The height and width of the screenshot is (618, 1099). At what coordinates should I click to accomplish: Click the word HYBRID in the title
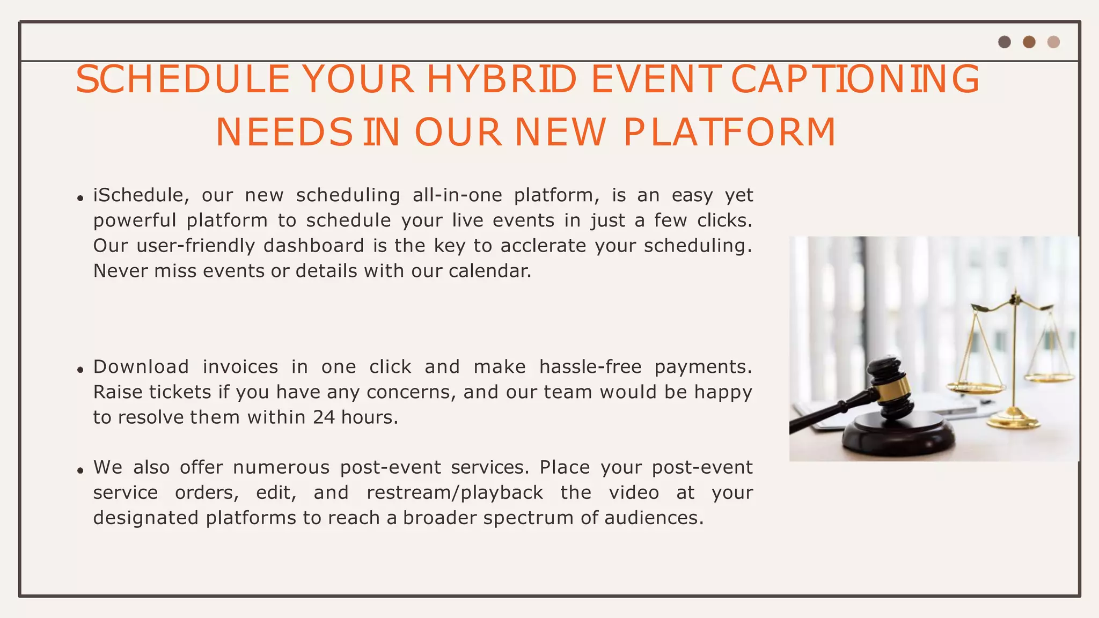(x=501, y=79)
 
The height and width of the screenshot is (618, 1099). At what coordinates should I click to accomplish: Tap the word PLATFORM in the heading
(x=730, y=133)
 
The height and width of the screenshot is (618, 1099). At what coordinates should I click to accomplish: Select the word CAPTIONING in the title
(x=855, y=79)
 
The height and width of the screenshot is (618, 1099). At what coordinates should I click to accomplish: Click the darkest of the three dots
(x=1005, y=42)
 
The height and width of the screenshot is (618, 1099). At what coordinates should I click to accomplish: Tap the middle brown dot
(x=1029, y=42)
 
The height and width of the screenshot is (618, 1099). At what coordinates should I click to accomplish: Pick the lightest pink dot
(x=1053, y=42)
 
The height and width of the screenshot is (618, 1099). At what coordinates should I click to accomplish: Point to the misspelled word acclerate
(x=544, y=246)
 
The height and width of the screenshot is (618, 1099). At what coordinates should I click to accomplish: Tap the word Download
(x=141, y=367)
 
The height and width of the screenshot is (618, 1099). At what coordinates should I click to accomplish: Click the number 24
(x=324, y=417)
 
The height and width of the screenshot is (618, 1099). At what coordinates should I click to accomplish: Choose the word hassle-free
(x=590, y=367)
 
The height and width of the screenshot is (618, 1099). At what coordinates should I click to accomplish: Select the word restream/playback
(x=455, y=492)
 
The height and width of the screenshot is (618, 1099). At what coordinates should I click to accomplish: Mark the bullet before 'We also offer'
(x=80, y=471)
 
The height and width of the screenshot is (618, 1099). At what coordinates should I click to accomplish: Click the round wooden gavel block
(x=898, y=438)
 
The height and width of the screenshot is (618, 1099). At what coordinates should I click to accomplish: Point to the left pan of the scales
(x=975, y=385)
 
